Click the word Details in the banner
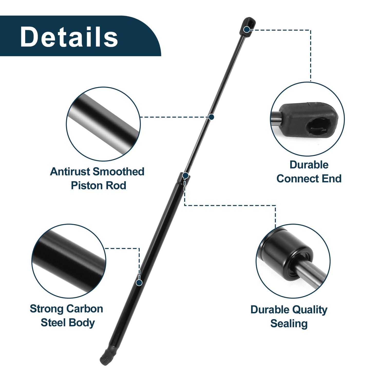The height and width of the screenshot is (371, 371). (x=69, y=36)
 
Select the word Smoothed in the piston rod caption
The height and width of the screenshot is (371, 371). (x=118, y=172)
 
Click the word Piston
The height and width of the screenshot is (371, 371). (x=84, y=186)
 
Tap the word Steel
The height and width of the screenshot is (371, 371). (x=53, y=323)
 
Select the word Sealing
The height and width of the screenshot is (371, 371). (x=289, y=324)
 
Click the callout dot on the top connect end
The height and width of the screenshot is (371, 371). (x=247, y=30)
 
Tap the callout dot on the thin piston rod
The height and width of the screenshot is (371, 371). (x=211, y=117)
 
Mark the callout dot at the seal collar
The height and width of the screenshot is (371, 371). (x=185, y=176)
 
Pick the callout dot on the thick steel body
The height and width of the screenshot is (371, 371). (x=139, y=283)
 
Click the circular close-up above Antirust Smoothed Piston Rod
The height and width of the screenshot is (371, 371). (x=103, y=124)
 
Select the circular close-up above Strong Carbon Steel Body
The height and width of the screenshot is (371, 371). (x=69, y=261)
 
